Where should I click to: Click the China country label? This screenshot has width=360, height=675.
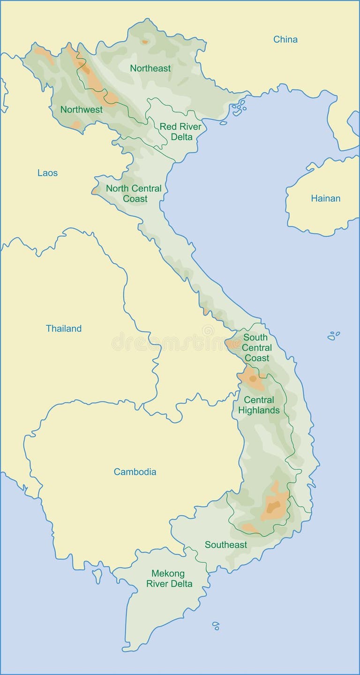coord(285,40)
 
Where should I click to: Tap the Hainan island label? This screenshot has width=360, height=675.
coord(325,199)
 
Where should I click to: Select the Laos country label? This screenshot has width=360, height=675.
coord(47,173)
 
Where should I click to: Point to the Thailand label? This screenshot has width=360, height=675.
coord(63,329)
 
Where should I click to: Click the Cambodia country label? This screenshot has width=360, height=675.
coord(135,472)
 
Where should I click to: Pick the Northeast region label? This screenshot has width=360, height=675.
coord(150,68)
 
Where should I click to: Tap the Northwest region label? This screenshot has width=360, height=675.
coord(81,110)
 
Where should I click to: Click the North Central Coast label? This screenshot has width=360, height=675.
coord(134,193)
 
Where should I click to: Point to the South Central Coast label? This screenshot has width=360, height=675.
coord(256,348)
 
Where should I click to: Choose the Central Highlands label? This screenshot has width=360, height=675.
coord(259,405)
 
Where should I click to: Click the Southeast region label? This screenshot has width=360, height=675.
coord(225,545)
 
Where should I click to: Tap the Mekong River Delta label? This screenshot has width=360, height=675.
coord(169,579)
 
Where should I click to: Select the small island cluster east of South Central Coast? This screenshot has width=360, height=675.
coord(334,335)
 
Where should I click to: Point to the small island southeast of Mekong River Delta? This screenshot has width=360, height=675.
coord(216,625)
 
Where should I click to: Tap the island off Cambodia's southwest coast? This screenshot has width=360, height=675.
coord(97,575)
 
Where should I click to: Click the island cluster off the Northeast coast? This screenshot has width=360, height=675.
coord(239,109)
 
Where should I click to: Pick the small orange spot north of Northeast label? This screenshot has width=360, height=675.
coord(144,42)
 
